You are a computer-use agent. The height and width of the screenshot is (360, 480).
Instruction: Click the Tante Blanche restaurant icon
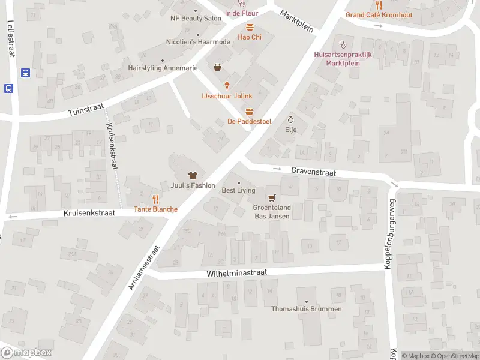(x=155, y=199)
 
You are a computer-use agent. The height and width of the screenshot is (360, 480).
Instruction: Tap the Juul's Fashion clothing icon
(x=193, y=175)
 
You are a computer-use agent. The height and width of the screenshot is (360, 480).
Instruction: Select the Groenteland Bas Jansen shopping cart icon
(x=272, y=197)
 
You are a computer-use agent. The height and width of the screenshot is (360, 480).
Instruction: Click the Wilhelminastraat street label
(x=236, y=272)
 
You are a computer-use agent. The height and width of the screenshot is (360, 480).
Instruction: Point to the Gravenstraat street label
(x=313, y=171)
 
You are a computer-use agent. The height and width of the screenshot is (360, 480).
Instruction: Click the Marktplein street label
(x=297, y=22)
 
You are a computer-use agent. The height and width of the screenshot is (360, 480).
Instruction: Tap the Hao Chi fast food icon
(x=250, y=26)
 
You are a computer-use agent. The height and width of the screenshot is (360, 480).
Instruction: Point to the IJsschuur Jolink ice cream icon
(x=227, y=86)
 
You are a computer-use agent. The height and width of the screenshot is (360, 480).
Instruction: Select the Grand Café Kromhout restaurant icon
(x=378, y=4)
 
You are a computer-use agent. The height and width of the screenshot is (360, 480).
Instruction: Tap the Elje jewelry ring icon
(x=292, y=119)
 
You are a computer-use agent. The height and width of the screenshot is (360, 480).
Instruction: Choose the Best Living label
(x=238, y=190)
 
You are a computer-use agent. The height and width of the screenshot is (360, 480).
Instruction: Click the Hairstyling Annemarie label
(x=163, y=68)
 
